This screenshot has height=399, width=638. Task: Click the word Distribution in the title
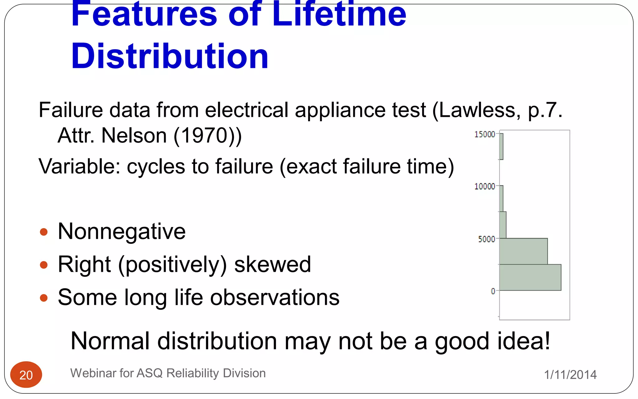[170, 56]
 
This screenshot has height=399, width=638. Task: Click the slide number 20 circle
[26, 375]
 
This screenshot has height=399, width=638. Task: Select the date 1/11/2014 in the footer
[570, 375]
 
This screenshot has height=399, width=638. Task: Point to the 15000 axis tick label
[484, 134]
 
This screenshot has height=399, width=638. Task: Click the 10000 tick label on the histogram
[484, 186]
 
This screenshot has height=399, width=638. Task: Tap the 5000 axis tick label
[486, 239]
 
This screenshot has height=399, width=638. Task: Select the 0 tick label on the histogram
[493, 291]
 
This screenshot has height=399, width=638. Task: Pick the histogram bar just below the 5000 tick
[523, 251]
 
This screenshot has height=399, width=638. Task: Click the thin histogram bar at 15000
[501, 147]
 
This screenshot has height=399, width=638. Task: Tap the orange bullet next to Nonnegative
[44, 232]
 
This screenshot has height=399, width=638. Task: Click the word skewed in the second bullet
[273, 264]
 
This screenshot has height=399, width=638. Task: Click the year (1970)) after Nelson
[207, 136]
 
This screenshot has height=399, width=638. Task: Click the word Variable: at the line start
[79, 166]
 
